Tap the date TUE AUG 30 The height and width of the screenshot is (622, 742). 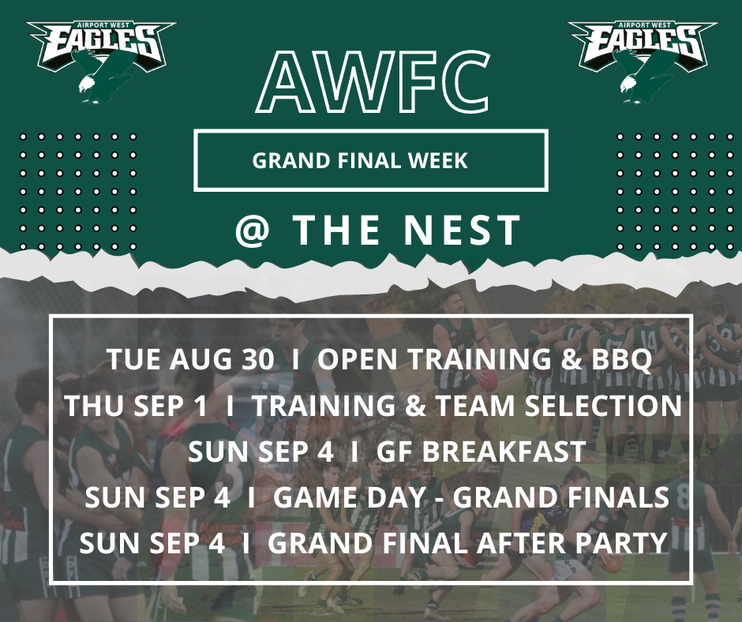[x=193, y=360]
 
